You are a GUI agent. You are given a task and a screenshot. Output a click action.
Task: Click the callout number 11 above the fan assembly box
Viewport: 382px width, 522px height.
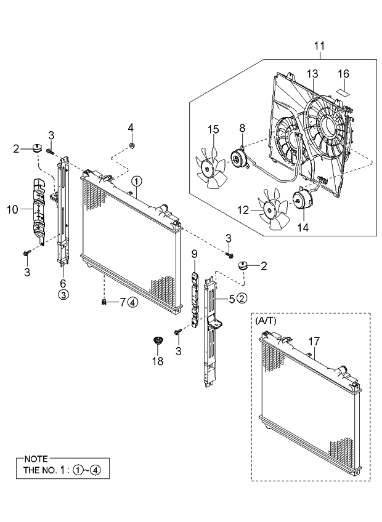[319, 46]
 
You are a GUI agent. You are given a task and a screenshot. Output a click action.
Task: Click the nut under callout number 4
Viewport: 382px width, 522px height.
[131, 145]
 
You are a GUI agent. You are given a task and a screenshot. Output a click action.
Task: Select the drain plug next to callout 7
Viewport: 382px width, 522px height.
[104, 302]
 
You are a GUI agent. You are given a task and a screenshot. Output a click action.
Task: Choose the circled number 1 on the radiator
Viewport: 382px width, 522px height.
[136, 182]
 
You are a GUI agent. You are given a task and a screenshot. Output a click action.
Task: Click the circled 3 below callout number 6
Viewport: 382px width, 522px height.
[63, 295]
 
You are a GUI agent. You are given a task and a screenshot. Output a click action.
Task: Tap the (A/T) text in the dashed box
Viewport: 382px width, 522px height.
[266, 321]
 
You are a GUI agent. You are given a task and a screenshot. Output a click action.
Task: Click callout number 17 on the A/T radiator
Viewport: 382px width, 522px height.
[314, 342]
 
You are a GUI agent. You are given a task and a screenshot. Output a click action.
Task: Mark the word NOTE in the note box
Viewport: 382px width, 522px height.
[36, 459]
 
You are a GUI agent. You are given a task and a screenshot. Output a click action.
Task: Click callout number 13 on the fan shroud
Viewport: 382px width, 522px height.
[312, 74]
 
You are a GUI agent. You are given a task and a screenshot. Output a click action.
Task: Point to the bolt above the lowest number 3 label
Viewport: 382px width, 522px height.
[178, 332]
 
